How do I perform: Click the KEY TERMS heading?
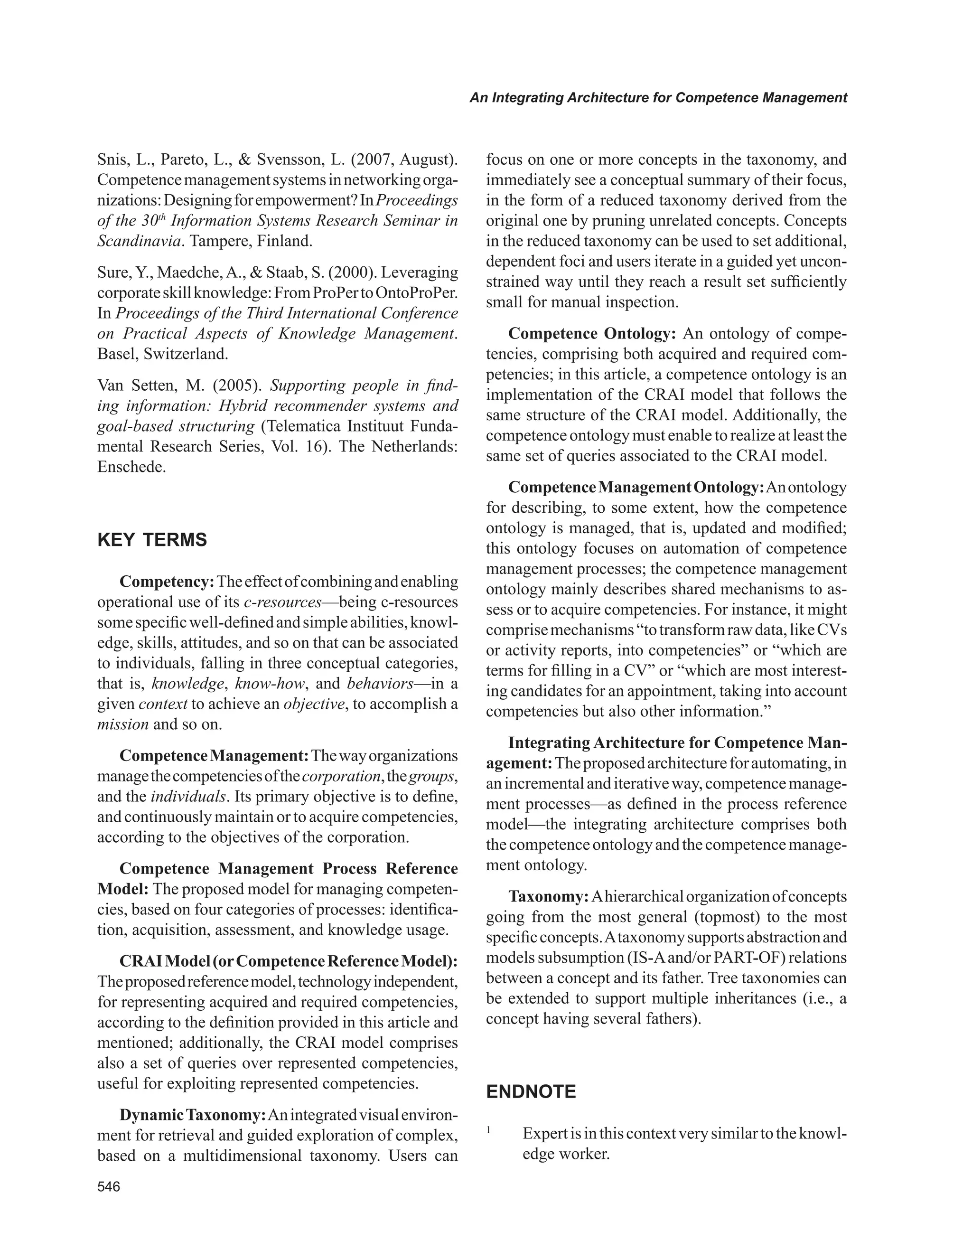point(152,540)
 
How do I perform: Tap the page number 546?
point(109,1187)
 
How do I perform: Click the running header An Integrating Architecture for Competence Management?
point(658,98)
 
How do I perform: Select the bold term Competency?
point(167,582)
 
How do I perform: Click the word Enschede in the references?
point(131,467)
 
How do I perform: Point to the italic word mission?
point(122,724)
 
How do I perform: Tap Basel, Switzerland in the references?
point(162,354)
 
